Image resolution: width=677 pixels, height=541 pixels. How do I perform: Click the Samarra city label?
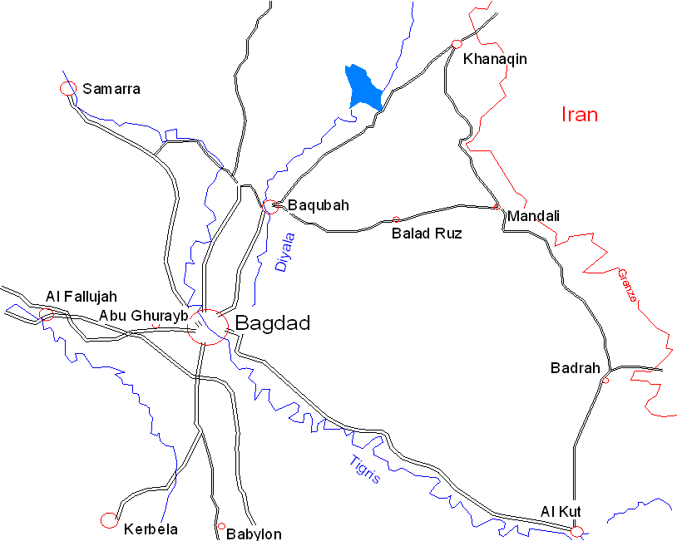[111, 89]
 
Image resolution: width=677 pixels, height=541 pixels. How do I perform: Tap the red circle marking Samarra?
[68, 88]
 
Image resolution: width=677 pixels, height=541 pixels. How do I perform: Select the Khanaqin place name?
[495, 60]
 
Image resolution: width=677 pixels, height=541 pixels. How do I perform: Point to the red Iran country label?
[580, 114]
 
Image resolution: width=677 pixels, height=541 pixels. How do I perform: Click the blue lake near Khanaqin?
[363, 87]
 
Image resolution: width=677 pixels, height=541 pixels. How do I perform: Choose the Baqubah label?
[318, 205]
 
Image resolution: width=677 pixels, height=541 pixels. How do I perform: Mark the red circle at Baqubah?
[270, 207]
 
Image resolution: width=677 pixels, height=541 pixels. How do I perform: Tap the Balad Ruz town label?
[427, 234]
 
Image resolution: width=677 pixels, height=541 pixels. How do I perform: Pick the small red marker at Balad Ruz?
[396, 220]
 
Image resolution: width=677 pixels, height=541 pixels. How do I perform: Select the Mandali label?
[533, 216]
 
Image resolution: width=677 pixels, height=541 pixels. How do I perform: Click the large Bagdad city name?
[273, 323]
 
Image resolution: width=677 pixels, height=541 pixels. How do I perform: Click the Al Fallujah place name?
[82, 296]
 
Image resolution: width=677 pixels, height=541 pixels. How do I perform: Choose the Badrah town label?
[575, 367]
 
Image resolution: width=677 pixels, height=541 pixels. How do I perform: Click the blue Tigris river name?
[364, 470]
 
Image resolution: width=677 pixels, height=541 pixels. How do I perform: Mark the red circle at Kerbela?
[109, 520]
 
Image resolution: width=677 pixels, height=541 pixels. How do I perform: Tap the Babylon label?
[254, 534]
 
